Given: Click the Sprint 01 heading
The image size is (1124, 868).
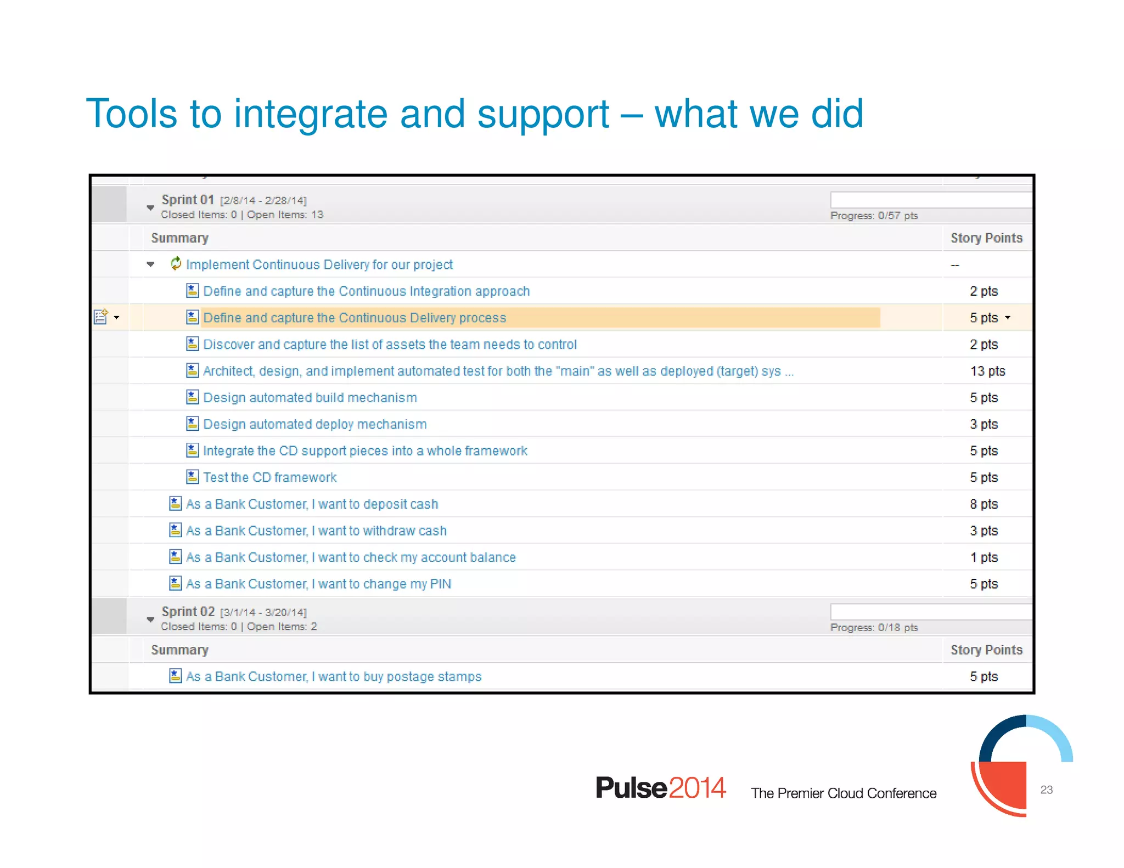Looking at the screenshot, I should tap(187, 200).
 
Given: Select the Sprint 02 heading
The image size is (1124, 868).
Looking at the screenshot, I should tap(188, 611).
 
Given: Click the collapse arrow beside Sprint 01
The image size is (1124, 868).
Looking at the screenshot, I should tap(150, 207).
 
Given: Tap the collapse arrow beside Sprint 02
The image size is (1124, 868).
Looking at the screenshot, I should tap(150, 619).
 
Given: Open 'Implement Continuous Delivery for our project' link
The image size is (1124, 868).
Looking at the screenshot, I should tap(319, 264).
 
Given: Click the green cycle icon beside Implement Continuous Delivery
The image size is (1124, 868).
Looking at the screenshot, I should tap(176, 264).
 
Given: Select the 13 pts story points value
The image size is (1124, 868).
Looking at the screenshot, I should tap(987, 371).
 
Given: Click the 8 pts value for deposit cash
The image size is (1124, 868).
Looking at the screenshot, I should tap(983, 504).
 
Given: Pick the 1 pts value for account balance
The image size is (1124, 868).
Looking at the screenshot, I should tap(983, 557).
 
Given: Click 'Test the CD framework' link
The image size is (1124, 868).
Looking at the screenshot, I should tap(269, 477).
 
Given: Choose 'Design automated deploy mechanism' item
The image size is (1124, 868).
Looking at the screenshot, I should tap(314, 424).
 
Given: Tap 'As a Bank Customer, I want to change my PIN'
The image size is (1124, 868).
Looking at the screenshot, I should tap(318, 584).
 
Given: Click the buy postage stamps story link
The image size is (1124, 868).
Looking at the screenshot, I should tap(334, 677).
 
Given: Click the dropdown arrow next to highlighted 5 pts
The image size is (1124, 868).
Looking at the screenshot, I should tap(1008, 318).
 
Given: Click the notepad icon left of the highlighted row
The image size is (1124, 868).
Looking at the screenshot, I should tap(101, 317).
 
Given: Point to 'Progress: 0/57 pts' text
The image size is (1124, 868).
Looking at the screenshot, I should tap(874, 216).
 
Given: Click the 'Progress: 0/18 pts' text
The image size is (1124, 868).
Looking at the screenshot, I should tap(874, 627).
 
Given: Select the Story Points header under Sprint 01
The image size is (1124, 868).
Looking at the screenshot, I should tap(986, 238).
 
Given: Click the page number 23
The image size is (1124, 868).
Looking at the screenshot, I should tap(1046, 790).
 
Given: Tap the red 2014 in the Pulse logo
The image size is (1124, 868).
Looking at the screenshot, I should tap(697, 788).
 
